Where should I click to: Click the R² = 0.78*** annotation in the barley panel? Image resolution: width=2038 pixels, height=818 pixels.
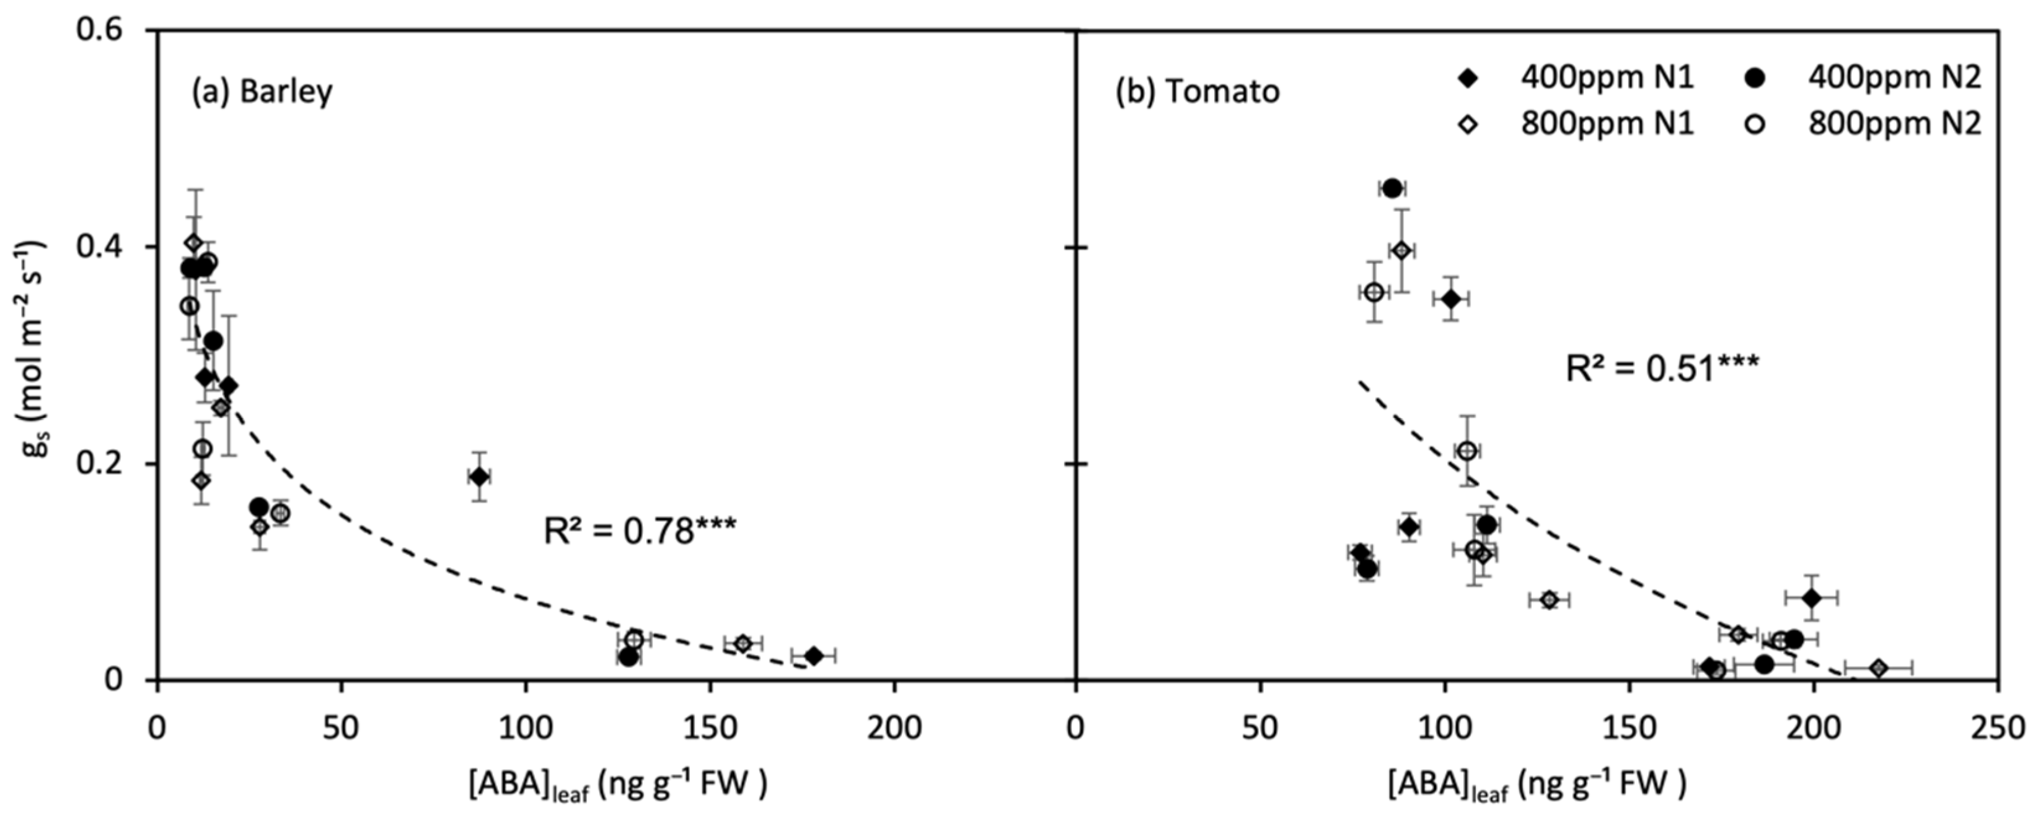639,531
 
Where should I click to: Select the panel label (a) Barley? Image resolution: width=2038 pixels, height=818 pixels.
262,92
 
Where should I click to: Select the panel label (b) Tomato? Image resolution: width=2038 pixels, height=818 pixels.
1197,92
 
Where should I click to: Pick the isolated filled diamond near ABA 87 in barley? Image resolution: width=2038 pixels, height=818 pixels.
479,477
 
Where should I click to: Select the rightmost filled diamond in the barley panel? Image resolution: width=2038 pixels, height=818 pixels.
813,655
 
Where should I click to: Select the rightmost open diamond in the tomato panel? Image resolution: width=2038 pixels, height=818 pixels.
1879,669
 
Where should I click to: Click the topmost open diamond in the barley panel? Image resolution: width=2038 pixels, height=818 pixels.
194,243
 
